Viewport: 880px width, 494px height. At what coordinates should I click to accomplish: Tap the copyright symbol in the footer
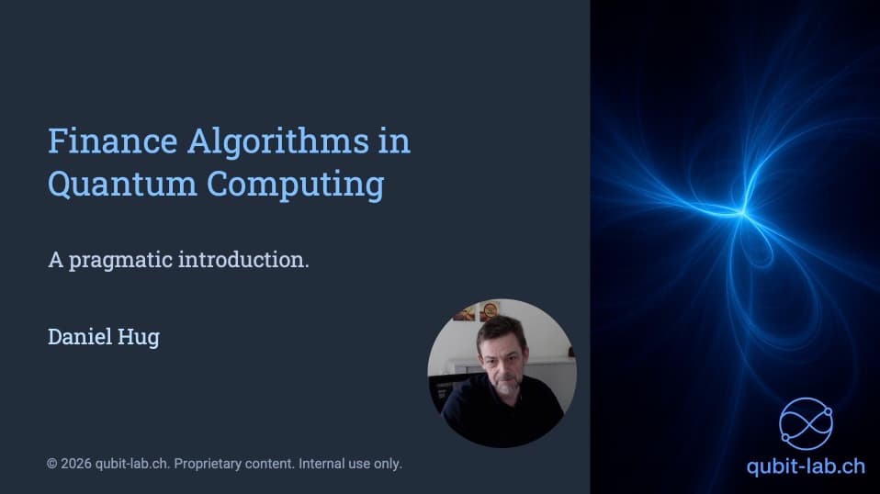coord(52,464)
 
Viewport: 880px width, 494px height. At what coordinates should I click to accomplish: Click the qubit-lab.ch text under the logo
coord(805,466)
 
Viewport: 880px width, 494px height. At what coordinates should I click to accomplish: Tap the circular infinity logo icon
coord(806,423)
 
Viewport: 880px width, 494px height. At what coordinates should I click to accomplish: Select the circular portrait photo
coord(502,372)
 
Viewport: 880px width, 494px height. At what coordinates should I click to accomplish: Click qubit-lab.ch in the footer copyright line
coord(132,464)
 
